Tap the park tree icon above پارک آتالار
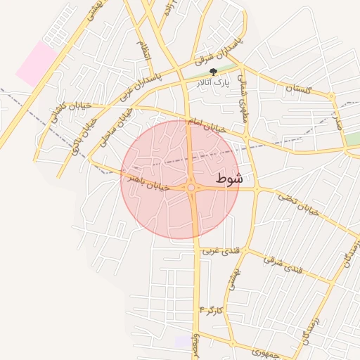click(x=214, y=72)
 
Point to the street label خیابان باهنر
click(x=149, y=182)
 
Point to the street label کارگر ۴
click(x=211, y=309)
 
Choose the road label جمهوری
click(x=250, y=349)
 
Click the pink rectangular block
click(x=37, y=64)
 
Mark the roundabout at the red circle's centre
click(x=191, y=188)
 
